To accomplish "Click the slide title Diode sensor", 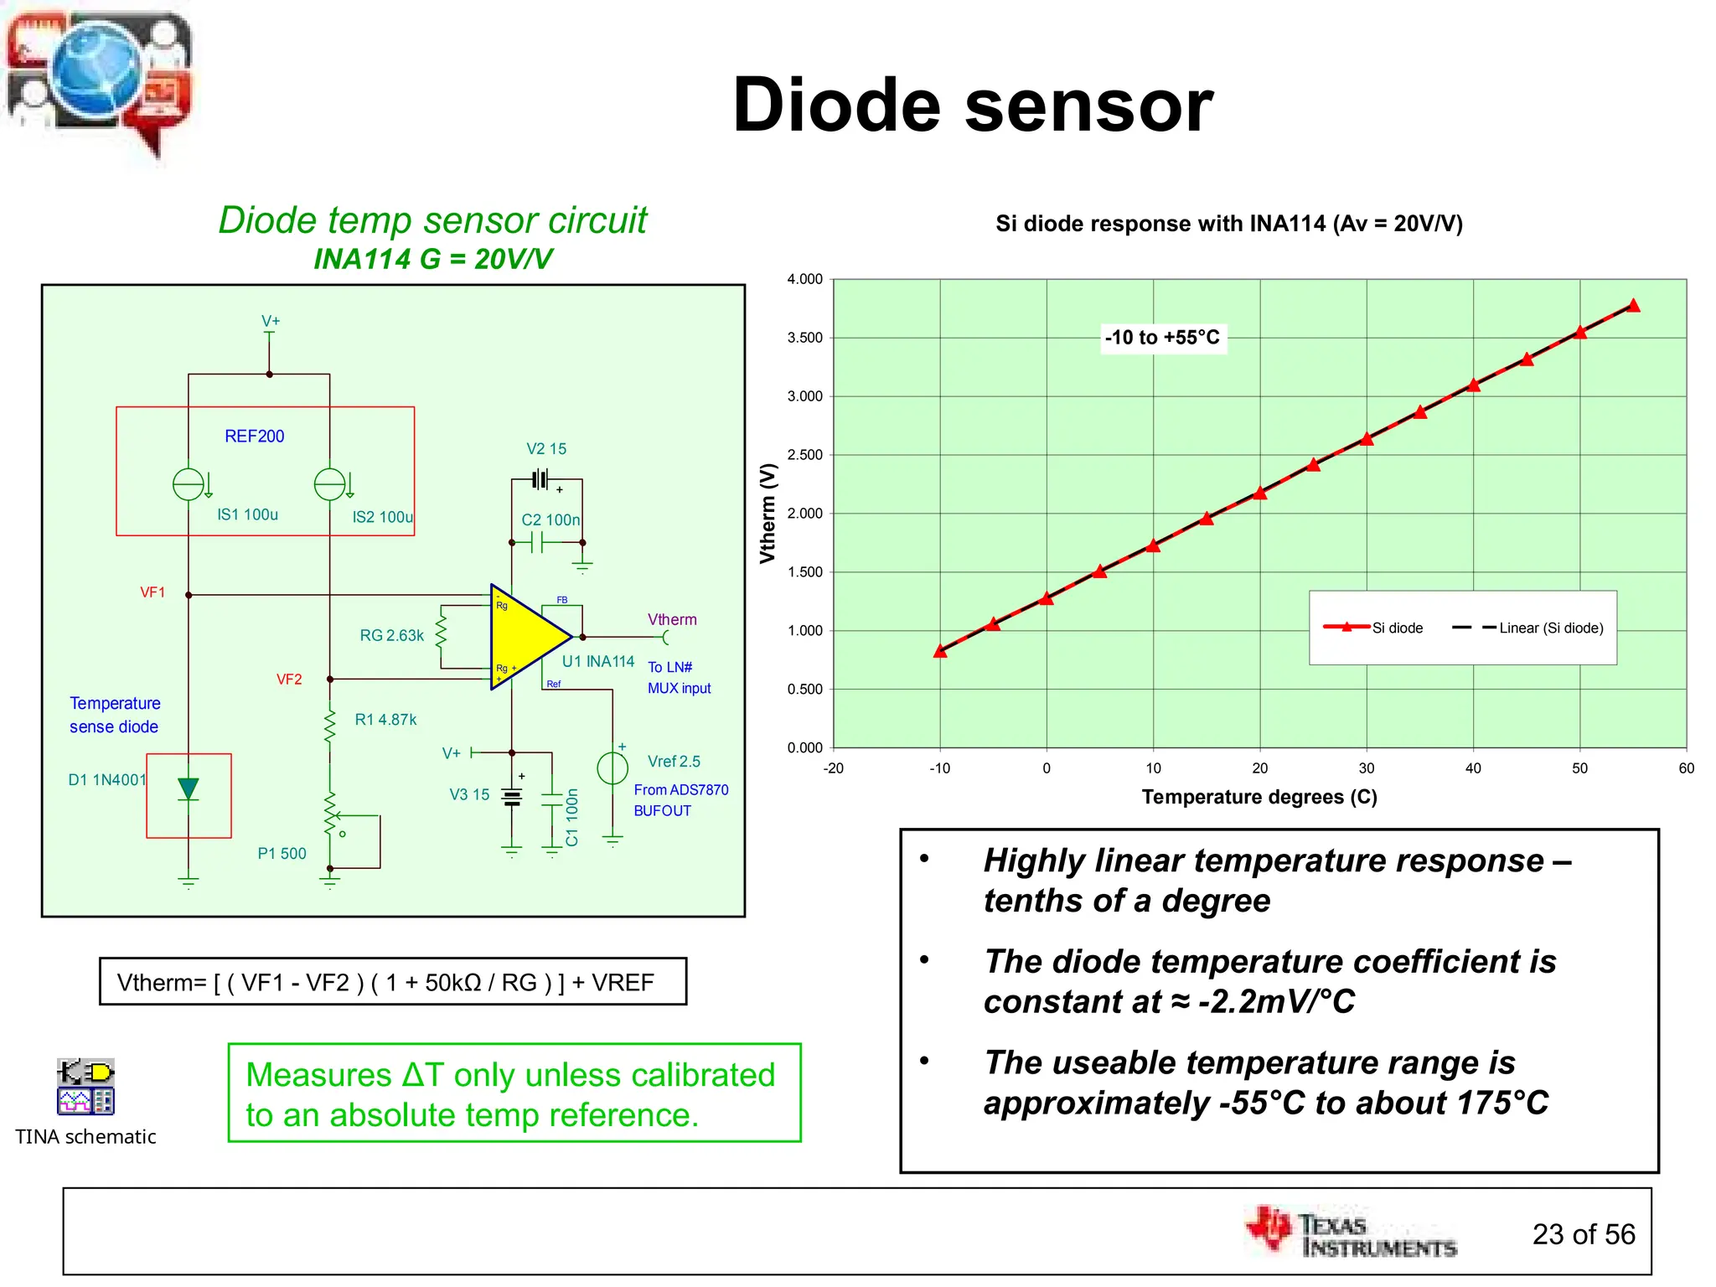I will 972,105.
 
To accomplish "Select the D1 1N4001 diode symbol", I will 189,789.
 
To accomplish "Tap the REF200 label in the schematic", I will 254,436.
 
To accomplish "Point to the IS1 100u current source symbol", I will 189,484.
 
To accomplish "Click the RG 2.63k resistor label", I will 391,635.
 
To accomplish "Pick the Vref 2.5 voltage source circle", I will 612,768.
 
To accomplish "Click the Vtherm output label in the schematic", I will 672,619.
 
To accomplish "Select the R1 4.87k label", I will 385,719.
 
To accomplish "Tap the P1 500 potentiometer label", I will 282,853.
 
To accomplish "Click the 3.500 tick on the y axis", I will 804,338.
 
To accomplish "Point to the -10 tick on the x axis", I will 939,768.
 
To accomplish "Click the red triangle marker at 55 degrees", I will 1633,306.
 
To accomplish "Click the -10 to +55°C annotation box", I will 1162,338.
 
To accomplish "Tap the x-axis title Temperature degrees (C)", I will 1259,796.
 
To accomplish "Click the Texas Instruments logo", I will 1351,1233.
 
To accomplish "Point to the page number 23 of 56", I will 1583,1234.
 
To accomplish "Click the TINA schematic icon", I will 85,1086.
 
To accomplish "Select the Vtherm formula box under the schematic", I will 392,981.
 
